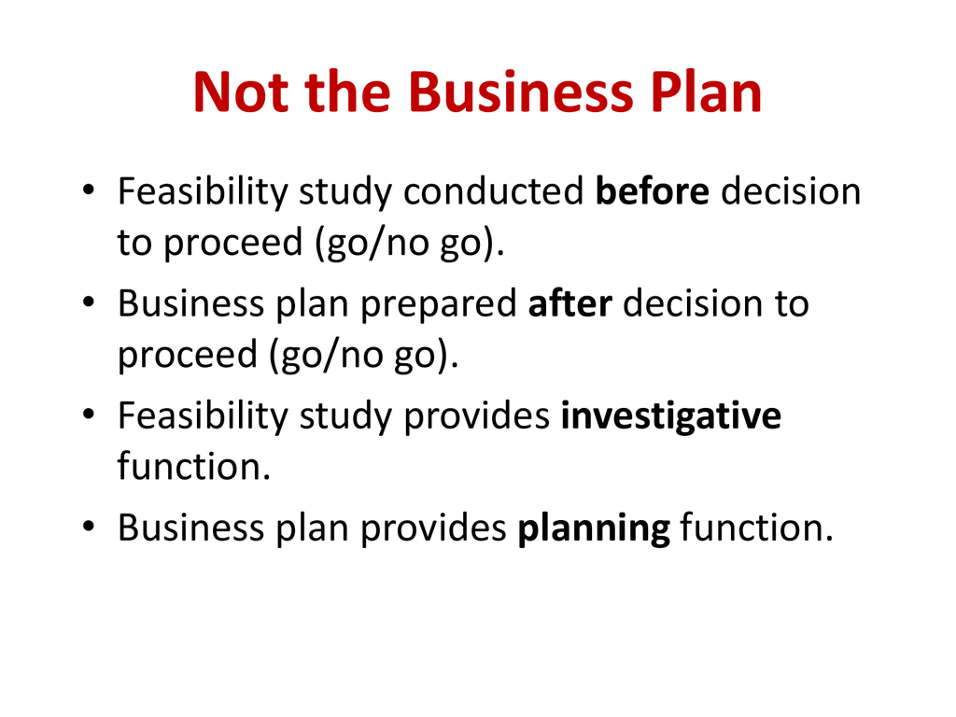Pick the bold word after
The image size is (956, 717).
(569, 304)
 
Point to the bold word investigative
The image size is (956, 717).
(670, 416)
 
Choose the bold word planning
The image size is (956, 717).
(593, 529)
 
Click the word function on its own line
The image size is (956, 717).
(193, 465)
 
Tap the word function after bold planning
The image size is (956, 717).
(754, 529)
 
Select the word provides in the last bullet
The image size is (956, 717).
(433, 529)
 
